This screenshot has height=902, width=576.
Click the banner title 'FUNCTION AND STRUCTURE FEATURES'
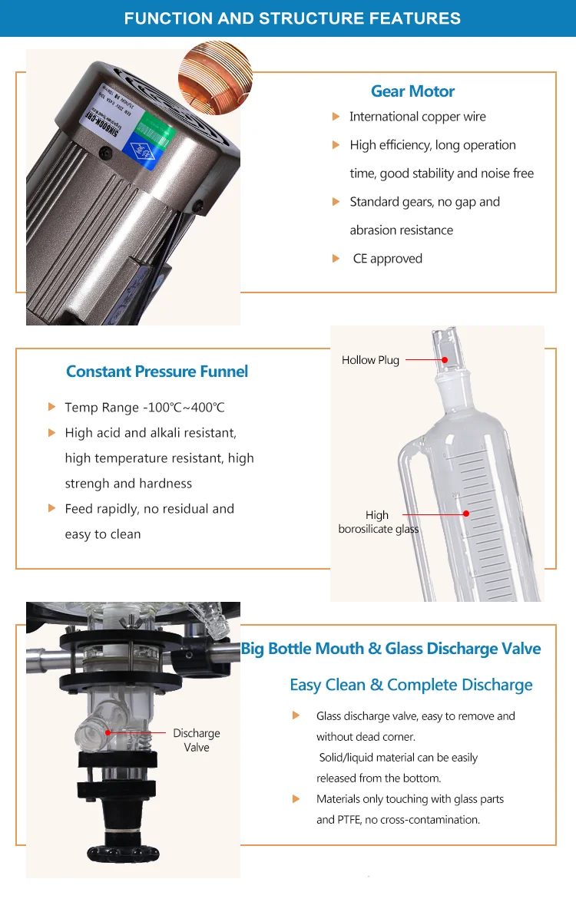click(x=293, y=18)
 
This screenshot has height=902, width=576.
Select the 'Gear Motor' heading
click(x=412, y=91)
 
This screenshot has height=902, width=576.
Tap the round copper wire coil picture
click(x=215, y=78)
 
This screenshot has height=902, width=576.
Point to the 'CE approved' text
click(x=387, y=259)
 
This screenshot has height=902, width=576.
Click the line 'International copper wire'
click(x=417, y=117)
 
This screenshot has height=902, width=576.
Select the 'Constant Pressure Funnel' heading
click(x=157, y=372)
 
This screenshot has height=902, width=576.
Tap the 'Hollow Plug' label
click(x=370, y=360)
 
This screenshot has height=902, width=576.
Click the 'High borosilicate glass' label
click(x=378, y=522)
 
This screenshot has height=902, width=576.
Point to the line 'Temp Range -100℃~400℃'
click(x=144, y=408)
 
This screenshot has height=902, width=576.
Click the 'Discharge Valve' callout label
click(x=197, y=740)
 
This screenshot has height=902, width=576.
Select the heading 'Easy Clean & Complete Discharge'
click(x=411, y=685)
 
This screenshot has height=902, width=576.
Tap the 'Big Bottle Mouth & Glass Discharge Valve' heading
click(x=391, y=649)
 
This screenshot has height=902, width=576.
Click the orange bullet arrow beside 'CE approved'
click(x=336, y=259)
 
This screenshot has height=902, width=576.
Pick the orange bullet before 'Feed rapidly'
click(x=52, y=508)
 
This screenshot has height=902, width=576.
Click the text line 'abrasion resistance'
click(x=401, y=230)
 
